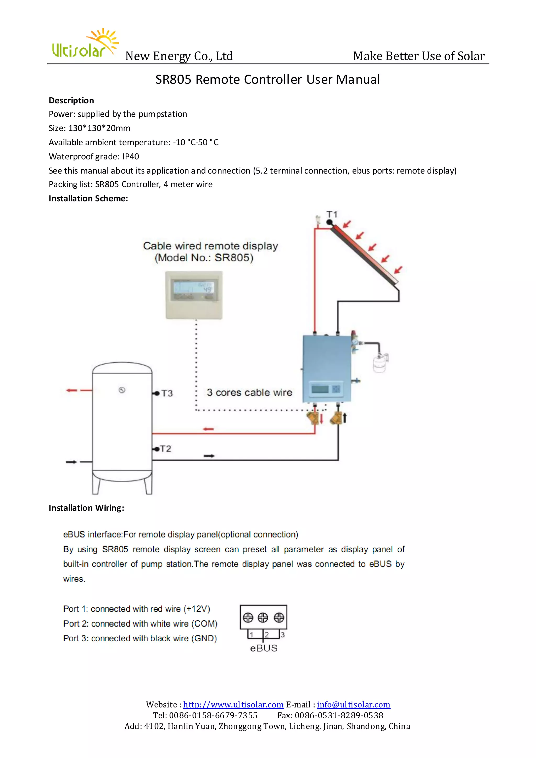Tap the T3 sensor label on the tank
click(167, 393)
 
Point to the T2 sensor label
click(165, 449)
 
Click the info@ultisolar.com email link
click(354, 705)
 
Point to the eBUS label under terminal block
click(264, 648)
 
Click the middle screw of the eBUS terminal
click(263, 617)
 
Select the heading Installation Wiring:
click(86, 508)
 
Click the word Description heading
click(71, 100)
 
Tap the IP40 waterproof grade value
click(130, 157)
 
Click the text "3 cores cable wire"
click(249, 393)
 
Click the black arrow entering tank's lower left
click(71, 462)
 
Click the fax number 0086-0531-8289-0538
click(339, 715)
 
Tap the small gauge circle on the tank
click(122, 390)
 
